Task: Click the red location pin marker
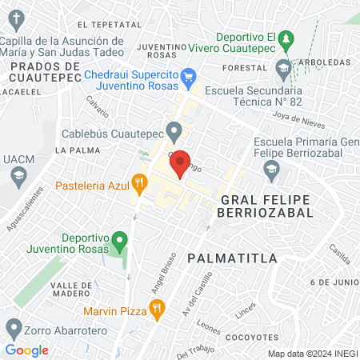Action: click(x=181, y=163)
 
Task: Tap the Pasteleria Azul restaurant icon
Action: click(x=139, y=184)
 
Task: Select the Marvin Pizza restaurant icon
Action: click(x=158, y=307)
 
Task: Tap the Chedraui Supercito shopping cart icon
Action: click(x=189, y=78)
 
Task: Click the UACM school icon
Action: click(x=15, y=176)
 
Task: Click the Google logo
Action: click(x=26, y=350)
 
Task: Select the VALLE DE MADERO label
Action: click(x=77, y=290)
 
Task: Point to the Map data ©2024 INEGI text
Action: click(x=312, y=353)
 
